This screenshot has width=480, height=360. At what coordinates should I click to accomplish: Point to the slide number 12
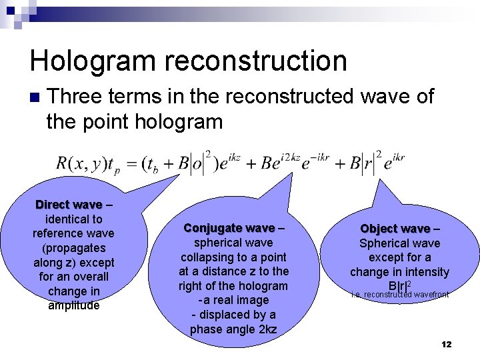[x=446, y=344]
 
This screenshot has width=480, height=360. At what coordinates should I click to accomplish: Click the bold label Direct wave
[x=69, y=205]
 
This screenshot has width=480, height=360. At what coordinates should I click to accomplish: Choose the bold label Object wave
[x=395, y=229]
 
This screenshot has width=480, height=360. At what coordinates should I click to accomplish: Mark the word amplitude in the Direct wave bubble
[x=73, y=305]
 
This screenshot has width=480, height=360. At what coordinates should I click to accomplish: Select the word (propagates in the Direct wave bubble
[x=73, y=248]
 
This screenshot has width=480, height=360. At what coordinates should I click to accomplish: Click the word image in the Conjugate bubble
[x=249, y=301]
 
